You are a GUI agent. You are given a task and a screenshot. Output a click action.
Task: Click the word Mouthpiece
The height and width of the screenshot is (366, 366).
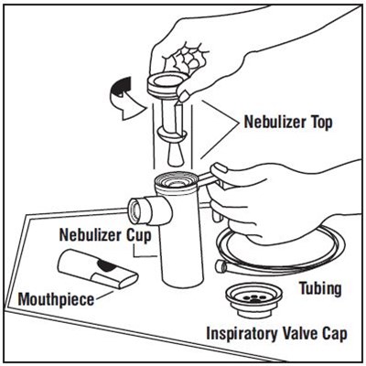point(57,299)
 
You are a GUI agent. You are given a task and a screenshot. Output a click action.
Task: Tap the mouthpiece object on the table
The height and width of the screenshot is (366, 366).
point(98,268)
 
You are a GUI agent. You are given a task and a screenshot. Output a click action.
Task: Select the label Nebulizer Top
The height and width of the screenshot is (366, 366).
point(288,123)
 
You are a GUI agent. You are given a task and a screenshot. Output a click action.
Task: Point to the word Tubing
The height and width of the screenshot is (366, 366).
point(320,288)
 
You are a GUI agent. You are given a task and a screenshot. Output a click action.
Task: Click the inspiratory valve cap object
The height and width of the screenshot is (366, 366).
point(254,300)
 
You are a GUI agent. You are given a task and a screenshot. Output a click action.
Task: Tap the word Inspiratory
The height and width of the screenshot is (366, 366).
point(242,334)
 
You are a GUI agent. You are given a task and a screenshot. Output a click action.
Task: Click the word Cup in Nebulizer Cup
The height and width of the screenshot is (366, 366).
point(139,236)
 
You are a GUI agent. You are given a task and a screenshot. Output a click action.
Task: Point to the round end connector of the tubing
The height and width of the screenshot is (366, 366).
point(221,266)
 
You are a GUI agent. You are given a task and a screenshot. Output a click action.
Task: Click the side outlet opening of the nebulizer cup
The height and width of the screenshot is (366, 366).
point(135,210)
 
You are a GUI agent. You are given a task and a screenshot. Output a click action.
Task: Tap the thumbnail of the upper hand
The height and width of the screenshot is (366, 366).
point(184,96)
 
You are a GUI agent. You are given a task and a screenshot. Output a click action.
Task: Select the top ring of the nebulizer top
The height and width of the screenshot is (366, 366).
point(167,81)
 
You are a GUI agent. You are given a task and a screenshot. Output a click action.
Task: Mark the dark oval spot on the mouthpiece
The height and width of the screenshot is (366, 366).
point(106,266)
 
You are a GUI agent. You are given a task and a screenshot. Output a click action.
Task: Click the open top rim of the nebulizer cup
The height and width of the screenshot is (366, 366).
point(177,181)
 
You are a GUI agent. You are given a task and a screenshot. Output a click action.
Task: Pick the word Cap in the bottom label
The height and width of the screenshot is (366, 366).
point(335,334)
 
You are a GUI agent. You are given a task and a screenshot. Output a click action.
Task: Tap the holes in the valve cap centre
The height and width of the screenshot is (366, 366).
point(254,298)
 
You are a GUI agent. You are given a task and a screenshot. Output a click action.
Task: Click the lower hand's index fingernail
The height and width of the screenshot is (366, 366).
point(221,168)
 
